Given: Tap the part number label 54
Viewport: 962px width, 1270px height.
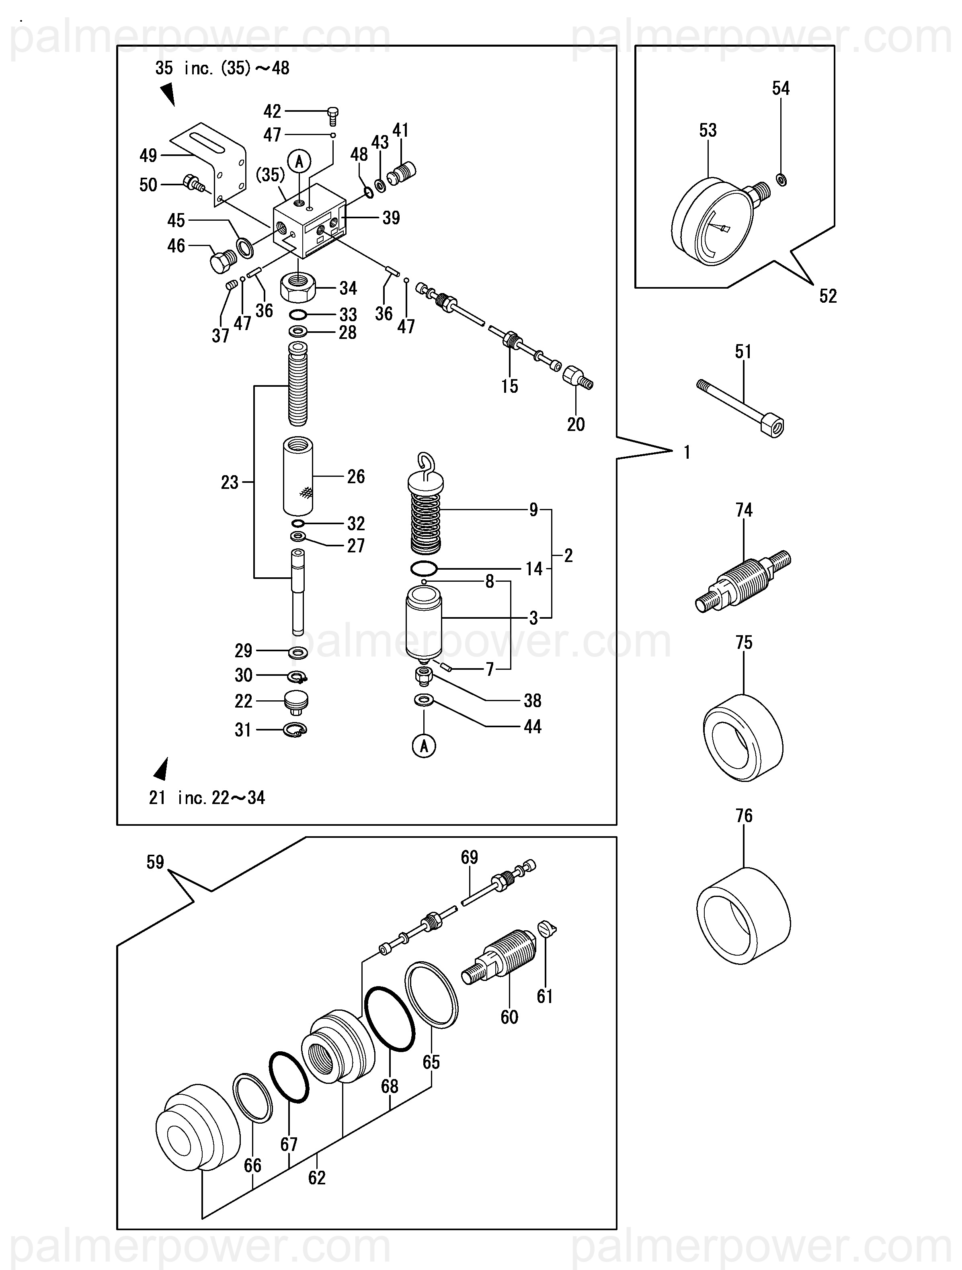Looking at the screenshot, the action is (781, 88).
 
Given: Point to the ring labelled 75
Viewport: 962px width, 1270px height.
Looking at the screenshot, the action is (743, 737).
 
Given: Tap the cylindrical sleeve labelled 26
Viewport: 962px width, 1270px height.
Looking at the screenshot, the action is (298, 476).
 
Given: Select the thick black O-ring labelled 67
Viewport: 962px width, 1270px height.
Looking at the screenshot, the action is (289, 1077).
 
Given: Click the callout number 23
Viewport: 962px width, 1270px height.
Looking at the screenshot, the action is (230, 482).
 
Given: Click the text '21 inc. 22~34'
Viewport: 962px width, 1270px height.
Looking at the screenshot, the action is (207, 798).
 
